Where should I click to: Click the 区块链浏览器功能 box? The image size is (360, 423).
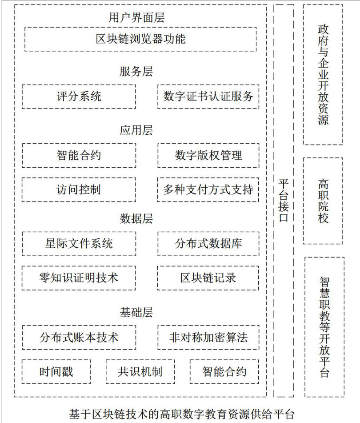140,39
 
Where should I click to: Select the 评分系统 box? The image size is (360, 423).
79,96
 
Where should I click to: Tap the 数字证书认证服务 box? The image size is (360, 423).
208,96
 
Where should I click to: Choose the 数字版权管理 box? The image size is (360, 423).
208,155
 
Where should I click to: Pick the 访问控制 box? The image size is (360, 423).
79,189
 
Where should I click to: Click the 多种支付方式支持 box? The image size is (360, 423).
208,189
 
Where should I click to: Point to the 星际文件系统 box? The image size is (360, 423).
79,243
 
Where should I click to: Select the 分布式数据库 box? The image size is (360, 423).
208,243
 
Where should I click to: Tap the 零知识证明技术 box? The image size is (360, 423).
79,278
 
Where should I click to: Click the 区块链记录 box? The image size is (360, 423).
208,278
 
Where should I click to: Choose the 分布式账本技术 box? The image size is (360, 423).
79,337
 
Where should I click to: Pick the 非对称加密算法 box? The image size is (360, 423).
208,337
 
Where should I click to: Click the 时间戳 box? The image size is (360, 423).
56,371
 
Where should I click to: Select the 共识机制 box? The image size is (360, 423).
140,371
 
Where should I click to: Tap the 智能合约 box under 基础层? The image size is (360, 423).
224,371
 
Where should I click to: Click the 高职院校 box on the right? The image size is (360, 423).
323,201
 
